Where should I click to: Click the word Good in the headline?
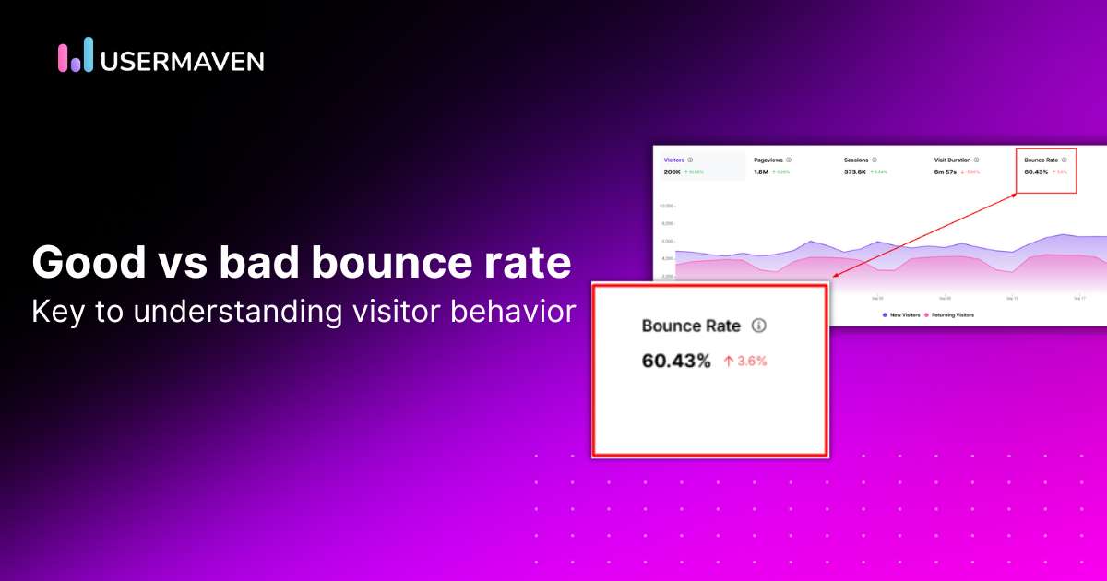80,263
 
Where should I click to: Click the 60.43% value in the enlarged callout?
676,361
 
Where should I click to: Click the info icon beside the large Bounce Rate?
759,326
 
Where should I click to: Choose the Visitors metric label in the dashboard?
675,160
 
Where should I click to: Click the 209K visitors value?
673,172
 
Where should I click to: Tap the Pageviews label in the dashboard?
768,160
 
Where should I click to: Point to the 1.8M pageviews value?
761,172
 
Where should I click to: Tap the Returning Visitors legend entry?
951,315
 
